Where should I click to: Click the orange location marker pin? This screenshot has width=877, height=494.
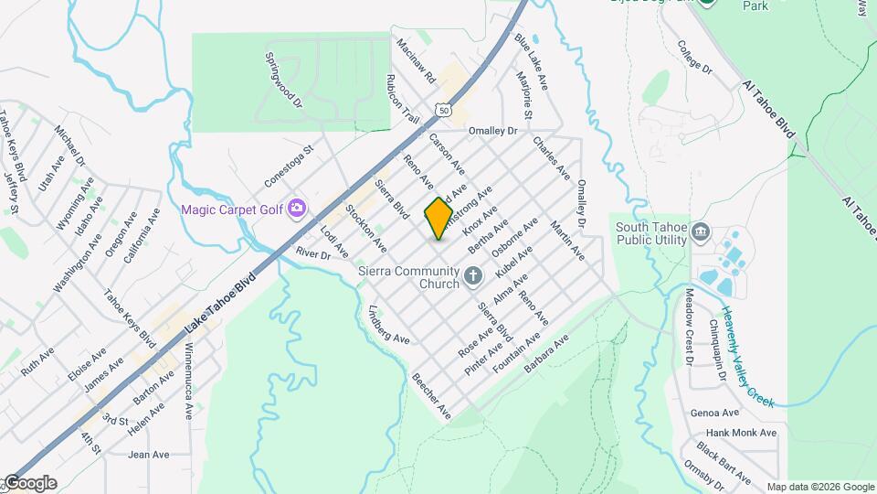pyautogui.click(x=438, y=218)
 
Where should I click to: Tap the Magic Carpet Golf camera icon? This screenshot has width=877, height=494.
pyautogui.click(x=296, y=209)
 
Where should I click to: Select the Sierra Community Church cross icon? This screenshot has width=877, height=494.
pyautogui.click(x=473, y=275)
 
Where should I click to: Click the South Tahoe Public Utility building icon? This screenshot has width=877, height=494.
pyautogui.click(x=701, y=231)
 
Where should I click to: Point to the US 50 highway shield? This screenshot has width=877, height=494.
pyautogui.click(x=443, y=109)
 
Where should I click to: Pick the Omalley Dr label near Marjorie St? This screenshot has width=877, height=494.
pyautogui.click(x=492, y=131)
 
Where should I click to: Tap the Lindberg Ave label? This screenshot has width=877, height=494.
pyautogui.click(x=387, y=326)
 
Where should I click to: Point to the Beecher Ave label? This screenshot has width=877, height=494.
pyautogui.click(x=431, y=395)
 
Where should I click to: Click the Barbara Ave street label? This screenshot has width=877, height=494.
pyautogui.click(x=547, y=354)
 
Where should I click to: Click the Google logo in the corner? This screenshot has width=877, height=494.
pyautogui.click(x=30, y=482)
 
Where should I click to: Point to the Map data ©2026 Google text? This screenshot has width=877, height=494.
pyautogui.click(x=819, y=486)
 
